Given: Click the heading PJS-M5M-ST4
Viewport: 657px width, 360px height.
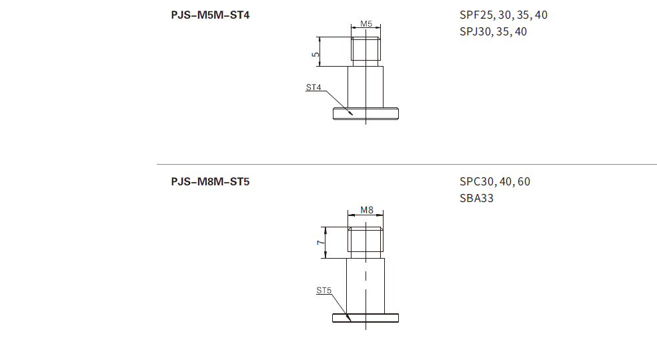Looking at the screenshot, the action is point(210,15).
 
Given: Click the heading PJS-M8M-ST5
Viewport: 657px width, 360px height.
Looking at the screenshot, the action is point(210,182).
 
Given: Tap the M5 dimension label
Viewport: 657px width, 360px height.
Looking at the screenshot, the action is point(366,24).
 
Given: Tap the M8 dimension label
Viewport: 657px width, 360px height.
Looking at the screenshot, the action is point(367,210).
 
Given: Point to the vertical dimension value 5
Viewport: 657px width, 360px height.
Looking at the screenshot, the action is point(315,55).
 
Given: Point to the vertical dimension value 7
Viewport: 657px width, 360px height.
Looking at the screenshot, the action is point(321,243).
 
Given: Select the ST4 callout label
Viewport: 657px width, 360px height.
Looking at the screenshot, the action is point(313,87).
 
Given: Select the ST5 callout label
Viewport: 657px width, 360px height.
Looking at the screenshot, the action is point(324,290).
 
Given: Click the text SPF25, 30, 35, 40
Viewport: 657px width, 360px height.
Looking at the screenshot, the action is point(503,15).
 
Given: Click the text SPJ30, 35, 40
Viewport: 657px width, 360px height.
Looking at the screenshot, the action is point(493,32).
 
